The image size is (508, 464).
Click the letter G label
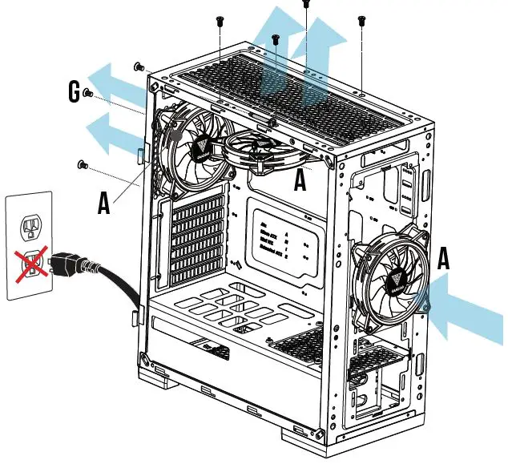(75, 95)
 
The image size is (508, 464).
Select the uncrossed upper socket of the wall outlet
(30, 228)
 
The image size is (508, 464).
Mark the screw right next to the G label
(88, 95)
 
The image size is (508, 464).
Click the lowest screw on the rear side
(81, 165)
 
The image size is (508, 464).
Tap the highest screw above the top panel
(305, 4)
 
